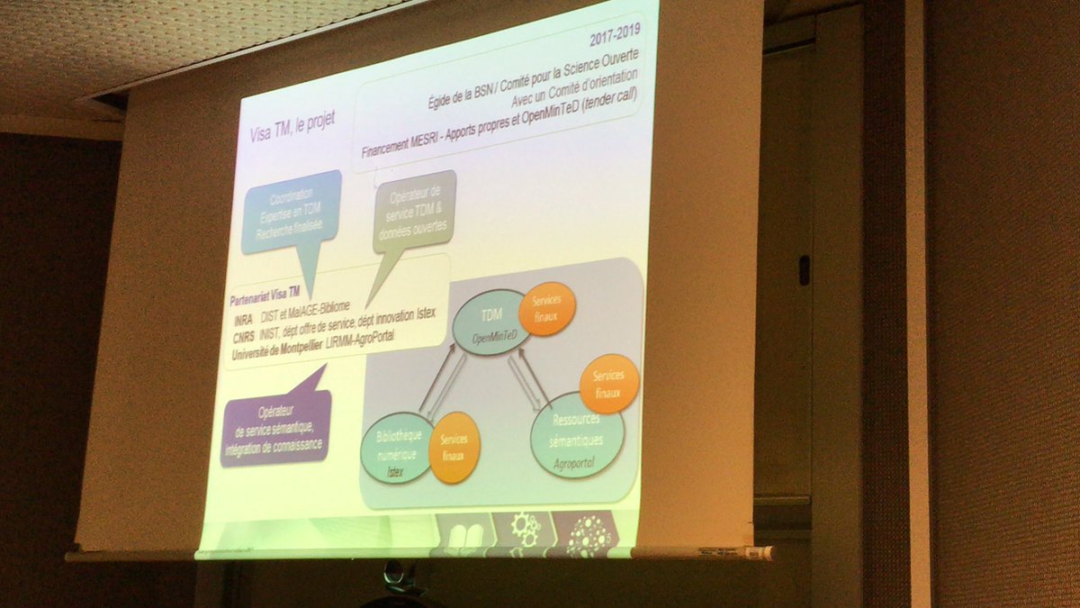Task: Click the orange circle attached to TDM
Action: click(547, 308)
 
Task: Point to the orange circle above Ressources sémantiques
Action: click(609, 384)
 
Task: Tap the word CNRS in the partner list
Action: click(242, 335)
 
